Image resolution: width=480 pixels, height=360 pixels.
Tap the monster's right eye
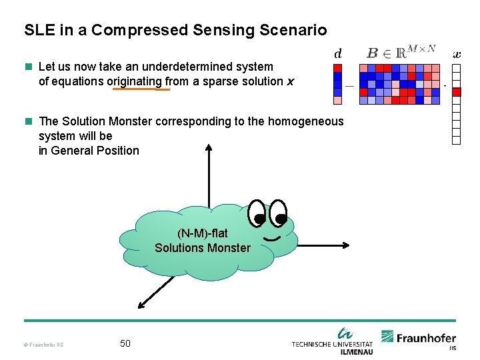[278, 213]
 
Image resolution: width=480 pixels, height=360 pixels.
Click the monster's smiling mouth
[271, 237]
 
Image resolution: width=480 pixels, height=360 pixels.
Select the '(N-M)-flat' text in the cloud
[202, 233]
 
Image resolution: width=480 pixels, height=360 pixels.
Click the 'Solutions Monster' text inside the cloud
[203, 248]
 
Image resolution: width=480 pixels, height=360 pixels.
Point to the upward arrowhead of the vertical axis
[209, 148]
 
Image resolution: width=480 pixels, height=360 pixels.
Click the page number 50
[125, 343]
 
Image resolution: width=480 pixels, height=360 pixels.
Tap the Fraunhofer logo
[418, 338]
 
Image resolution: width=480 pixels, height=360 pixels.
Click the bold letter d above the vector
[337, 53]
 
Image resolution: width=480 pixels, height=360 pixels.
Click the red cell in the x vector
[457, 92]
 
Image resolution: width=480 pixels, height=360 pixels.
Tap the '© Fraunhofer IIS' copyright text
[43, 345]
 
